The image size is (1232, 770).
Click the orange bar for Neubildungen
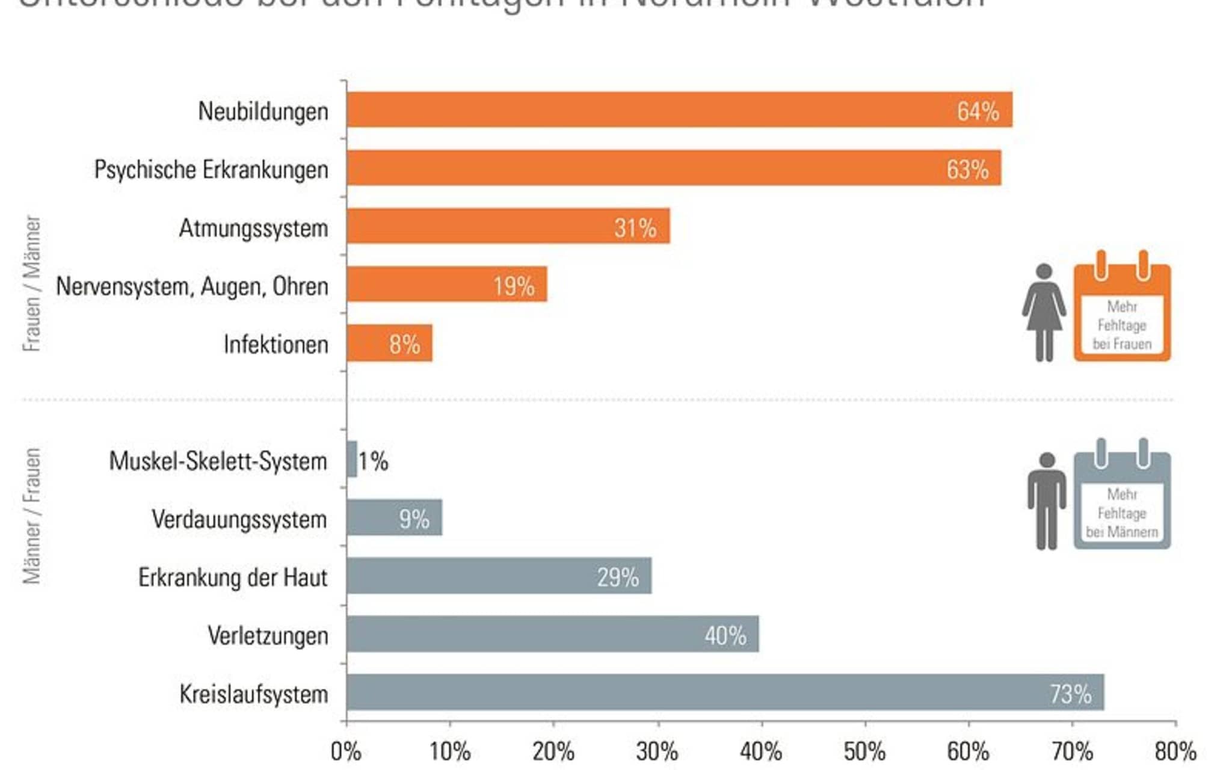click(662, 109)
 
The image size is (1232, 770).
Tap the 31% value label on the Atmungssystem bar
click(635, 228)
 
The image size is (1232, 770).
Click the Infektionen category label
click(276, 345)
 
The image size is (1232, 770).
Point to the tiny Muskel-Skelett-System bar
click(352, 459)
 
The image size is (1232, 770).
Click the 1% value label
click(374, 461)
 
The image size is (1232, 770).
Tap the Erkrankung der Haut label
click(233, 577)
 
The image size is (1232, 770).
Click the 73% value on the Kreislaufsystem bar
click(1070, 694)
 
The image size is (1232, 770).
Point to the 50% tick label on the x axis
click(864, 752)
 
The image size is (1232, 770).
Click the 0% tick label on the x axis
click(346, 752)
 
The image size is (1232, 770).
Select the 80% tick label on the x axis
click(1175, 752)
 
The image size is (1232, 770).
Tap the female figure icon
click(1044, 313)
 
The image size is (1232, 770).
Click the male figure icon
click(1047, 500)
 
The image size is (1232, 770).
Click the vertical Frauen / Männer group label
click(32, 283)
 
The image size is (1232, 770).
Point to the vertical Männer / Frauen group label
click(32, 516)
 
